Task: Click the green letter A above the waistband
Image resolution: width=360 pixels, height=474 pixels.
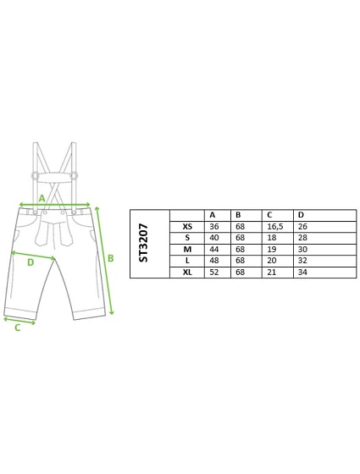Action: click(x=42, y=198)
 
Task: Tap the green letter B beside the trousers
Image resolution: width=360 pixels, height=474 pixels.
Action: click(x=111, y=258)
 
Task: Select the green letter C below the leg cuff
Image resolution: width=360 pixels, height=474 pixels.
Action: click(x=18, y=328)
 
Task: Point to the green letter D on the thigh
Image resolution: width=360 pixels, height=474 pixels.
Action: click(x=30, y=262)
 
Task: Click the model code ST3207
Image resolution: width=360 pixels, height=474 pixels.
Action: click(x=143, y=243)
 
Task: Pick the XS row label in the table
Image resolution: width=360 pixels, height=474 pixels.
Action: click(x=187, y=227)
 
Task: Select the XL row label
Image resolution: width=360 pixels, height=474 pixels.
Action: click(x=187, y=272)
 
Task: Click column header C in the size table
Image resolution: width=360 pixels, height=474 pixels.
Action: click(x=269, y=215)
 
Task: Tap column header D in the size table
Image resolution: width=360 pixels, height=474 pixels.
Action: click(x=301, y=215)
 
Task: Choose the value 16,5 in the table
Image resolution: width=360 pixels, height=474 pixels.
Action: click(x=275, y=227)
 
